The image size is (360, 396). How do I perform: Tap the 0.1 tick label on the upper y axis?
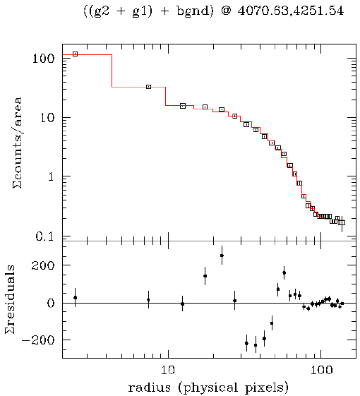coord(44,236)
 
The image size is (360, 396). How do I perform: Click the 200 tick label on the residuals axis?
coord(44,265)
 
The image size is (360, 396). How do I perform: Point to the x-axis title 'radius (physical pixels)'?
coord(208,388)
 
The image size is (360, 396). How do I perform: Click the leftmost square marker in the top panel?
coord(75,54)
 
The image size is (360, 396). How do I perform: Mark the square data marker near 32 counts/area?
coord(148,87)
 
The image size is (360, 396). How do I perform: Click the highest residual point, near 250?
coord(222,256)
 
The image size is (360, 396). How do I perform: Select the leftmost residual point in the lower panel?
coord(75,298)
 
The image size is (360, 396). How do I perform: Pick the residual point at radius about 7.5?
coord(148,300)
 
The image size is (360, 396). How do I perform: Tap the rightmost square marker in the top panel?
coord(342,222)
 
